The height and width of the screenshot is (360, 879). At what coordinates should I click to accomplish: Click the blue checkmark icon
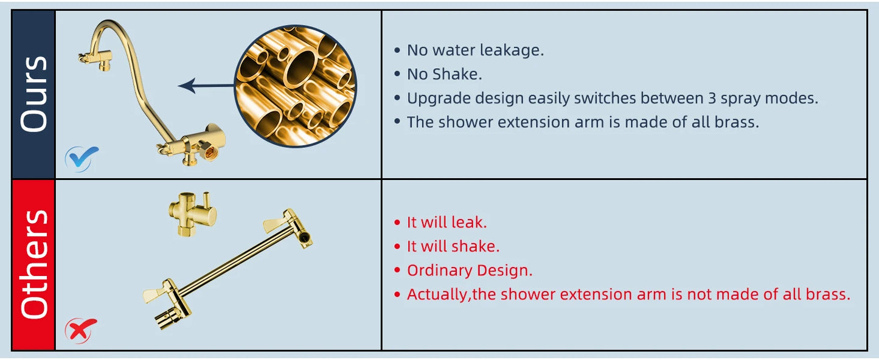(82, 158)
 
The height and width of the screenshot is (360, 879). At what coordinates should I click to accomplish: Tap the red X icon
(80, 330)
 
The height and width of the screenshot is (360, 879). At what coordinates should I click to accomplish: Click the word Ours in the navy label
(34, 94)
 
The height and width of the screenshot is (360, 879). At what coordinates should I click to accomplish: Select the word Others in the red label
(34, 264)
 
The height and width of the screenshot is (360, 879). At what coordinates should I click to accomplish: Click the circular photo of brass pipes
(295, 86)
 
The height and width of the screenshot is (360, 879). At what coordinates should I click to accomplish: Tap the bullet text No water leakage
(475, 50)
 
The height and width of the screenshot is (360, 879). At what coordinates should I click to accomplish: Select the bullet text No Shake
(444, 74)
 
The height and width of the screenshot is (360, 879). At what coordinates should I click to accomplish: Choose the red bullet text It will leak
(446, 222)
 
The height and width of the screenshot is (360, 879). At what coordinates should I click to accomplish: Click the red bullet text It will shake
(453, 246)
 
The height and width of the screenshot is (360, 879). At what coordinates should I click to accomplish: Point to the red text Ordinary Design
(470, 270)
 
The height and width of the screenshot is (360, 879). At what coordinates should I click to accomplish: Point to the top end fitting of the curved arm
(92, 57)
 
